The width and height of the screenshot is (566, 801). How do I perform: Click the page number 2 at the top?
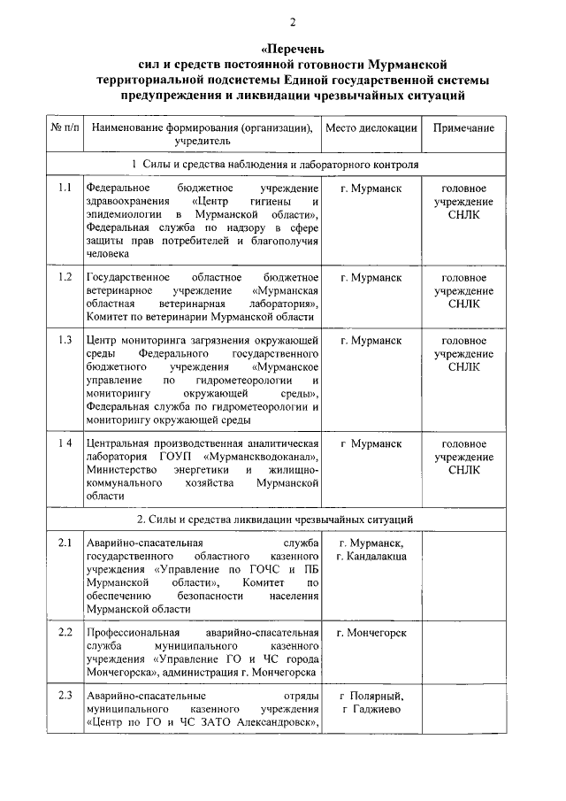283,20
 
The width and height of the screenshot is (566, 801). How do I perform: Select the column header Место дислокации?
371,127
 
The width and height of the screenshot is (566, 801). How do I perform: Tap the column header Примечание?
463,127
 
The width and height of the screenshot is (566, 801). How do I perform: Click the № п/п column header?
65,127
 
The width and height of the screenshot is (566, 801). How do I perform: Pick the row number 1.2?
65,277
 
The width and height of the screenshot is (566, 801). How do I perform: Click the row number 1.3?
65,340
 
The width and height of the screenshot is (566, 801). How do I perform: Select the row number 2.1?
65,543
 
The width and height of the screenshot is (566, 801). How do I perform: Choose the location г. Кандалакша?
371,556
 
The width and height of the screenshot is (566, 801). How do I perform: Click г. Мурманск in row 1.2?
371,277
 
